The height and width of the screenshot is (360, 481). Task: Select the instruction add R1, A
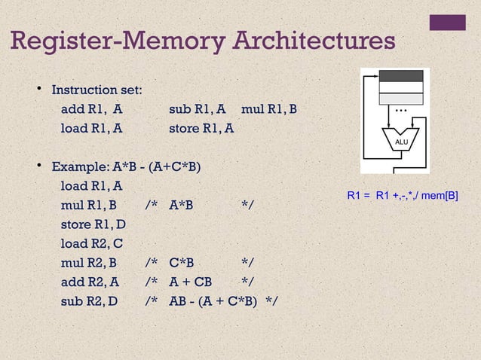91,109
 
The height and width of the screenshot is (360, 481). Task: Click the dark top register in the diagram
401,76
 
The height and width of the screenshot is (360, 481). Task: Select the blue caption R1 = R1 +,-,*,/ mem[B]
403,196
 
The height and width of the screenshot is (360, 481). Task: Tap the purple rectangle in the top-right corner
447,23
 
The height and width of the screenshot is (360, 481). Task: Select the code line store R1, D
93,224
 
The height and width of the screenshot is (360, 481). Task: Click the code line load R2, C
92,243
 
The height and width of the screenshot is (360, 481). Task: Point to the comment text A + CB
191,282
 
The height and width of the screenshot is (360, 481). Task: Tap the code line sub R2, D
90,301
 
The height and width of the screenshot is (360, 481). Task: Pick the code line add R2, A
90,282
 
